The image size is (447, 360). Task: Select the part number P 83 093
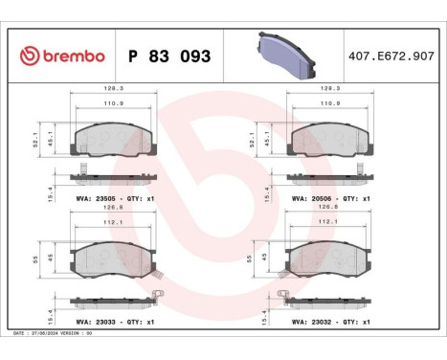coord(168,56)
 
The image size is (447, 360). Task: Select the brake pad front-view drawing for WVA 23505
coord(114,140)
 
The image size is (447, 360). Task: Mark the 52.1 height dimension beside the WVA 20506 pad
coord(254,139)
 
